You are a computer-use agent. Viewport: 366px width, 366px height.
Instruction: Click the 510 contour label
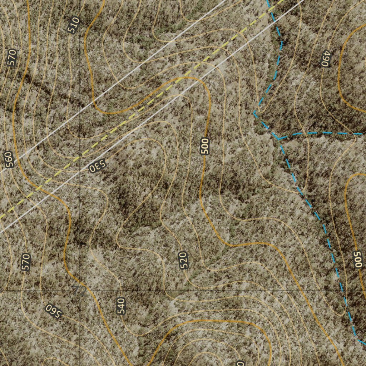pos(73,25)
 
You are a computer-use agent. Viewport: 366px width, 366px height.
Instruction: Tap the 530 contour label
pos(98,166)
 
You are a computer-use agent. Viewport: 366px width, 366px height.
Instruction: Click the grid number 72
pos(79,290)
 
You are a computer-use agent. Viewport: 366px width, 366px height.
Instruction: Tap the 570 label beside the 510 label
pos(12,58)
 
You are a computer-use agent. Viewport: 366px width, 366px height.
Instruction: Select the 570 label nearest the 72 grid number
pos(25,262)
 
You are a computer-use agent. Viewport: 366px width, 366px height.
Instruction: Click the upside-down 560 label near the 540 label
pos(54,311)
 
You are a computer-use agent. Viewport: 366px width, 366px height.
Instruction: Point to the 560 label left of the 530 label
pos(9,160)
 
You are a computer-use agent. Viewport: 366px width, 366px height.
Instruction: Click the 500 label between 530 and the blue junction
pos(205,146)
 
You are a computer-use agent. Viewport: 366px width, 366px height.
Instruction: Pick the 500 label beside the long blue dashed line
pos(357,259)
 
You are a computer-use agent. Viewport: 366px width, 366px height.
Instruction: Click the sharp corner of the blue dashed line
pos(254,113)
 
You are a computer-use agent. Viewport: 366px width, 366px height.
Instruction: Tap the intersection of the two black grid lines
pos(79,291)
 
